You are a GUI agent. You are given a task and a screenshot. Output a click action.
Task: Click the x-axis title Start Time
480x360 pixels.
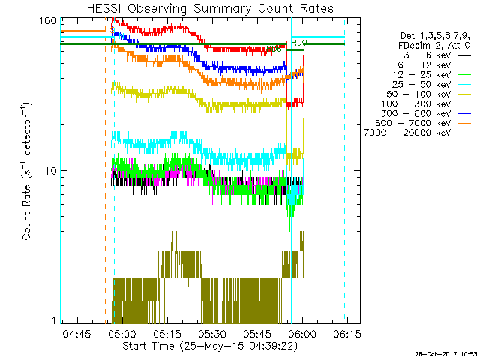click(x=202, y=346)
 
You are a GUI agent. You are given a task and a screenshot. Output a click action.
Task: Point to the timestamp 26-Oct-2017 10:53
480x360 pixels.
click(x=447, y=353)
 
